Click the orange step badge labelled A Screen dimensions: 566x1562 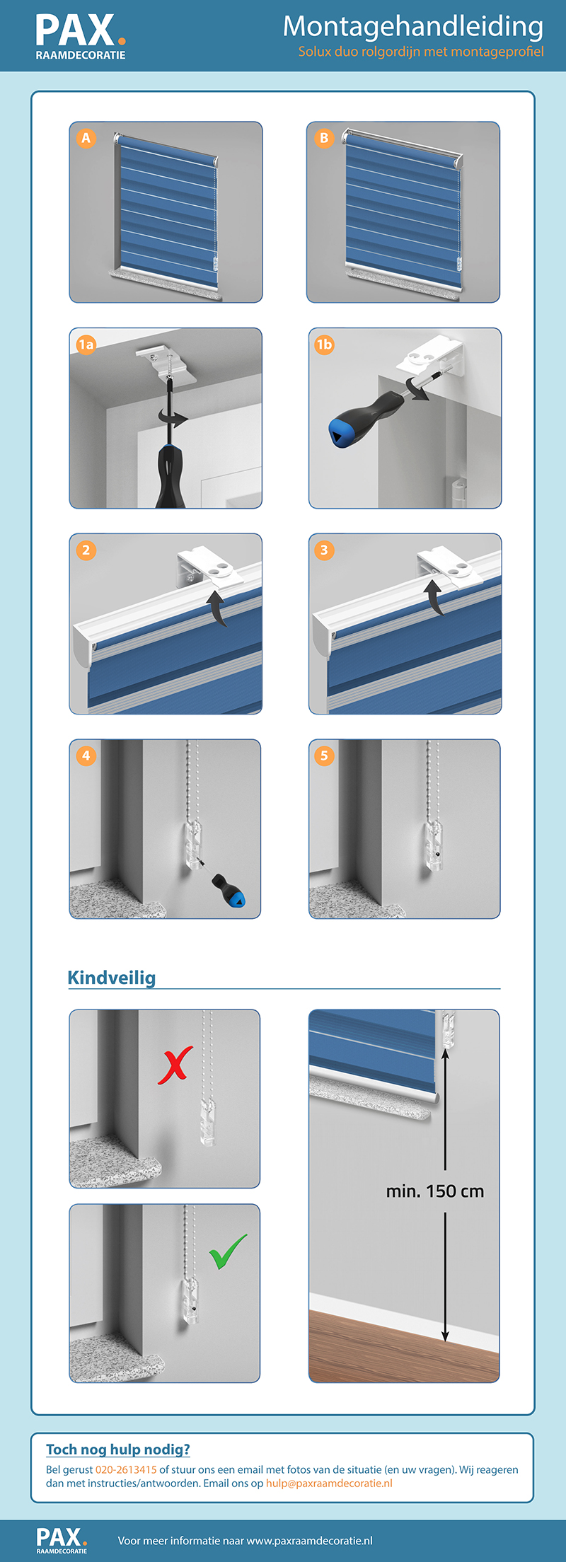point(86,138)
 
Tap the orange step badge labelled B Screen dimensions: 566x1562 point(324,138)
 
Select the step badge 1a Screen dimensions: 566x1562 point(86,345)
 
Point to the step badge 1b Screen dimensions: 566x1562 point(324,345)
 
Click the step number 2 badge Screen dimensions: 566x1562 point(86,550)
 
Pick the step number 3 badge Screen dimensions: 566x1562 point(324,550)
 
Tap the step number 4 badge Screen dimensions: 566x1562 point(86,756)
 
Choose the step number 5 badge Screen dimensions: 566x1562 point(324,756)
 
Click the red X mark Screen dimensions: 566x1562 point(175,1066)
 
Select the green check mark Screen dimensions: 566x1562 point(228,1251)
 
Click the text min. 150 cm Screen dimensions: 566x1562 point(435,1191)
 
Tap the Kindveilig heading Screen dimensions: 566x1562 point(112,978)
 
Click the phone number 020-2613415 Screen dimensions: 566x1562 point(126,1469)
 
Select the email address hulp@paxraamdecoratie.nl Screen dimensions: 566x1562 point(329,1483)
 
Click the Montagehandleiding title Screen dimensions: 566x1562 point(413,26)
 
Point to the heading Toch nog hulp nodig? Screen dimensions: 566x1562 point(118,1450)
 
